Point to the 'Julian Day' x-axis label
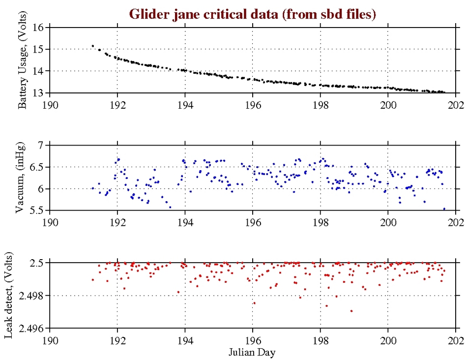click(253, 352)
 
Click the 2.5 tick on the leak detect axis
click(38, 263)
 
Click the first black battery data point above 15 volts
click(92, 46)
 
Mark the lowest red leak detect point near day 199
click(351, 311)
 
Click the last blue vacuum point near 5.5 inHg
click(444, 209)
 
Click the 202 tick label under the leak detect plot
click(456, 339)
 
